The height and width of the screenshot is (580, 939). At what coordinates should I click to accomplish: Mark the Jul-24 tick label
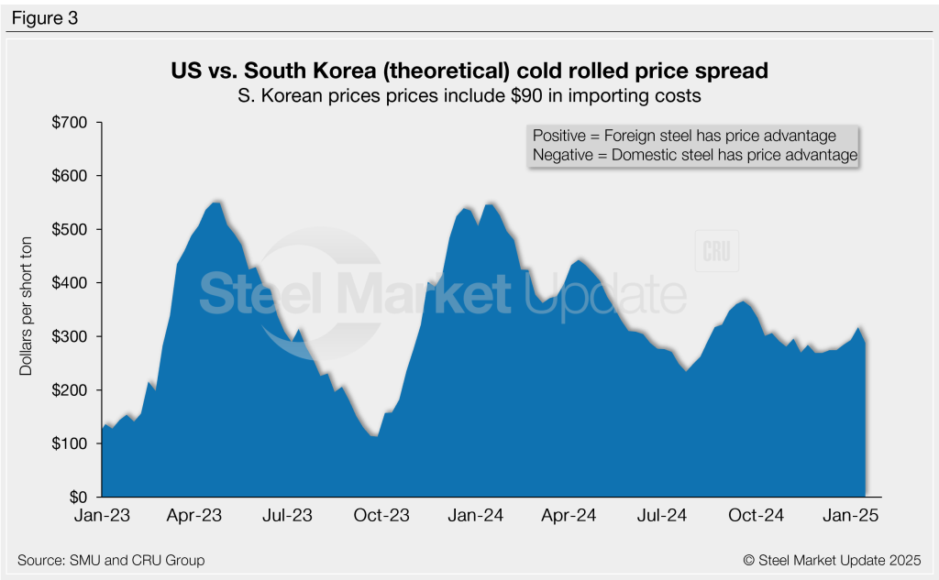click(663, 516)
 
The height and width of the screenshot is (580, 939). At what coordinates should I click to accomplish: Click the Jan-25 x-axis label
click(851, 516)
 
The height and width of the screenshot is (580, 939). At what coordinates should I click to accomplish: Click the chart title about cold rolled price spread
click(469, 71)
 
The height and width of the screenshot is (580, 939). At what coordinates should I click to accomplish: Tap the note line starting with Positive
click(684, 136)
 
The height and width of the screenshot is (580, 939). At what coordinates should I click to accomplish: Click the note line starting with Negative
click(694, 156)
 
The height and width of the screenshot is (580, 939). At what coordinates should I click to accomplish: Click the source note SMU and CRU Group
click(111, 560)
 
